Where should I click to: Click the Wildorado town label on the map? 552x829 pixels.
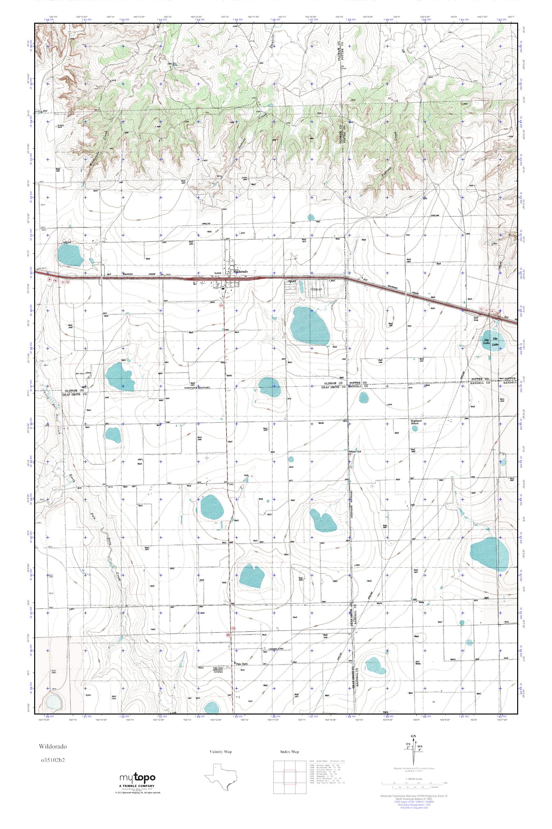pyautogui.click(x=241, y=272)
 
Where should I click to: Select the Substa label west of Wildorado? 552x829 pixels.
pyautogui.click(x=218, y=273)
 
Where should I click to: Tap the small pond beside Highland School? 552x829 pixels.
pyautogui.click(x=415, y=429)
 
